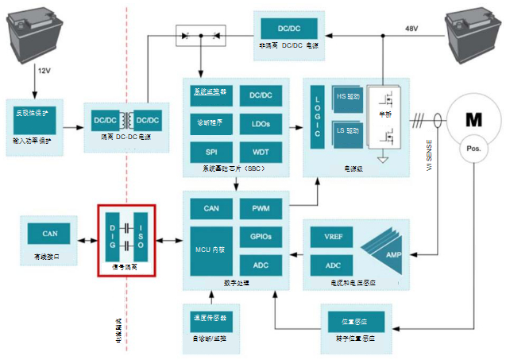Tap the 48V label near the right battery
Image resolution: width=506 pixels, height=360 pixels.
pos(411,29)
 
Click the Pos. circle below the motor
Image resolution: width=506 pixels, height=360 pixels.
pos(473,150)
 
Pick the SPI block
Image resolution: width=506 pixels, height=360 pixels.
pos(211,151)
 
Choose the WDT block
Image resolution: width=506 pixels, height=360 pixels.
pos(260,151)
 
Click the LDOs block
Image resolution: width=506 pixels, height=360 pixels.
pos(260,123)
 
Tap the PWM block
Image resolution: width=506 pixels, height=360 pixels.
pos(260,209)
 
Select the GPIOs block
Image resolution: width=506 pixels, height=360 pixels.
pos(260,237)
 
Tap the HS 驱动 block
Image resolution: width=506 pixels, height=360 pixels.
pos(347,98)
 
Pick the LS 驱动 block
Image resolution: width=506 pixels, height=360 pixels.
pos(347,130)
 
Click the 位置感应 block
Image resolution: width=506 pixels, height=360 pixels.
pos(357,321)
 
